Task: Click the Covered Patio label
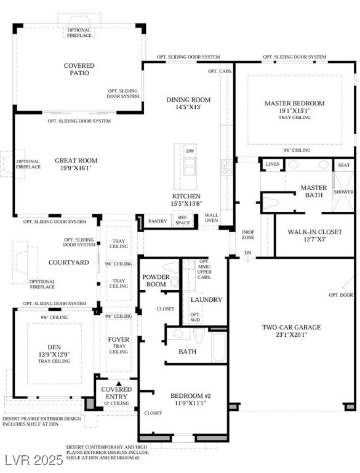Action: (x=79, y=69)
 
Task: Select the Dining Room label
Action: (x=188, y=99)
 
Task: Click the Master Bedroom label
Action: (x=294, y=103)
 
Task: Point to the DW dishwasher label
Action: (x=190, y=151)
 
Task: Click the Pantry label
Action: (x=158, y=220)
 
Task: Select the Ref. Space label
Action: (x=183, y=220)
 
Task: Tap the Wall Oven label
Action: (x=211, y=217)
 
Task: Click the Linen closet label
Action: (x=272, y=164)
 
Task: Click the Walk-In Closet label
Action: (x=314, y=232)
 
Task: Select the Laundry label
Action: (x=206, y=299)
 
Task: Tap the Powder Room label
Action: (x=156, y=281)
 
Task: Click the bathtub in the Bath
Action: (x=218, y=347)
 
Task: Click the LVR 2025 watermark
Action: (x=33, y=460)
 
